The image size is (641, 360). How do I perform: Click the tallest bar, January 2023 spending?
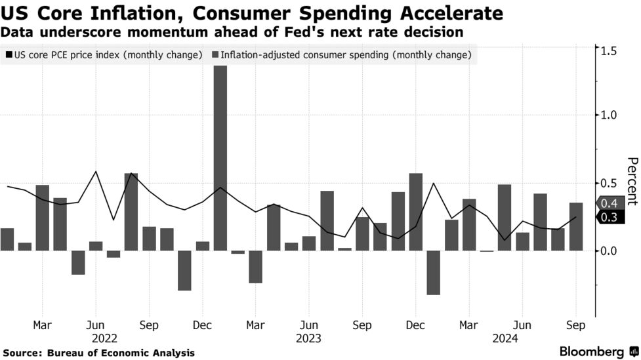[x=220, y=157]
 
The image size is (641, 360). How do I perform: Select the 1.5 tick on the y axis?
[x=609, y=50]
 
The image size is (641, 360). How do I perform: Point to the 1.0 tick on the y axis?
[x=609, y=115]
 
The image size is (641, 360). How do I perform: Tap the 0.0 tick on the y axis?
[x=609, y=250]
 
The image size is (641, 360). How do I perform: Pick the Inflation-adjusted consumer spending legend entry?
[x=341, y=55]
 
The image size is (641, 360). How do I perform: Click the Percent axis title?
[x=631, y=181]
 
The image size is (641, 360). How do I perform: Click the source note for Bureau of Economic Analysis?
[x=98, y=353]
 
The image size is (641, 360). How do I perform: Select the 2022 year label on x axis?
[x=105, y=338]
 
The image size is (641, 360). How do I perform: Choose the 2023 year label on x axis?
[x=308, y=338]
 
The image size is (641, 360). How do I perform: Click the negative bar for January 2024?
[x=433, y=272]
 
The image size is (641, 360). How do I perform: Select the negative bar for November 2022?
[x=184, y=270]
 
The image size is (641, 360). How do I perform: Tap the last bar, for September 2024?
[x=576, y=227]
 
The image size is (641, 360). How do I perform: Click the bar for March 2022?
[x=43, y=218]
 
